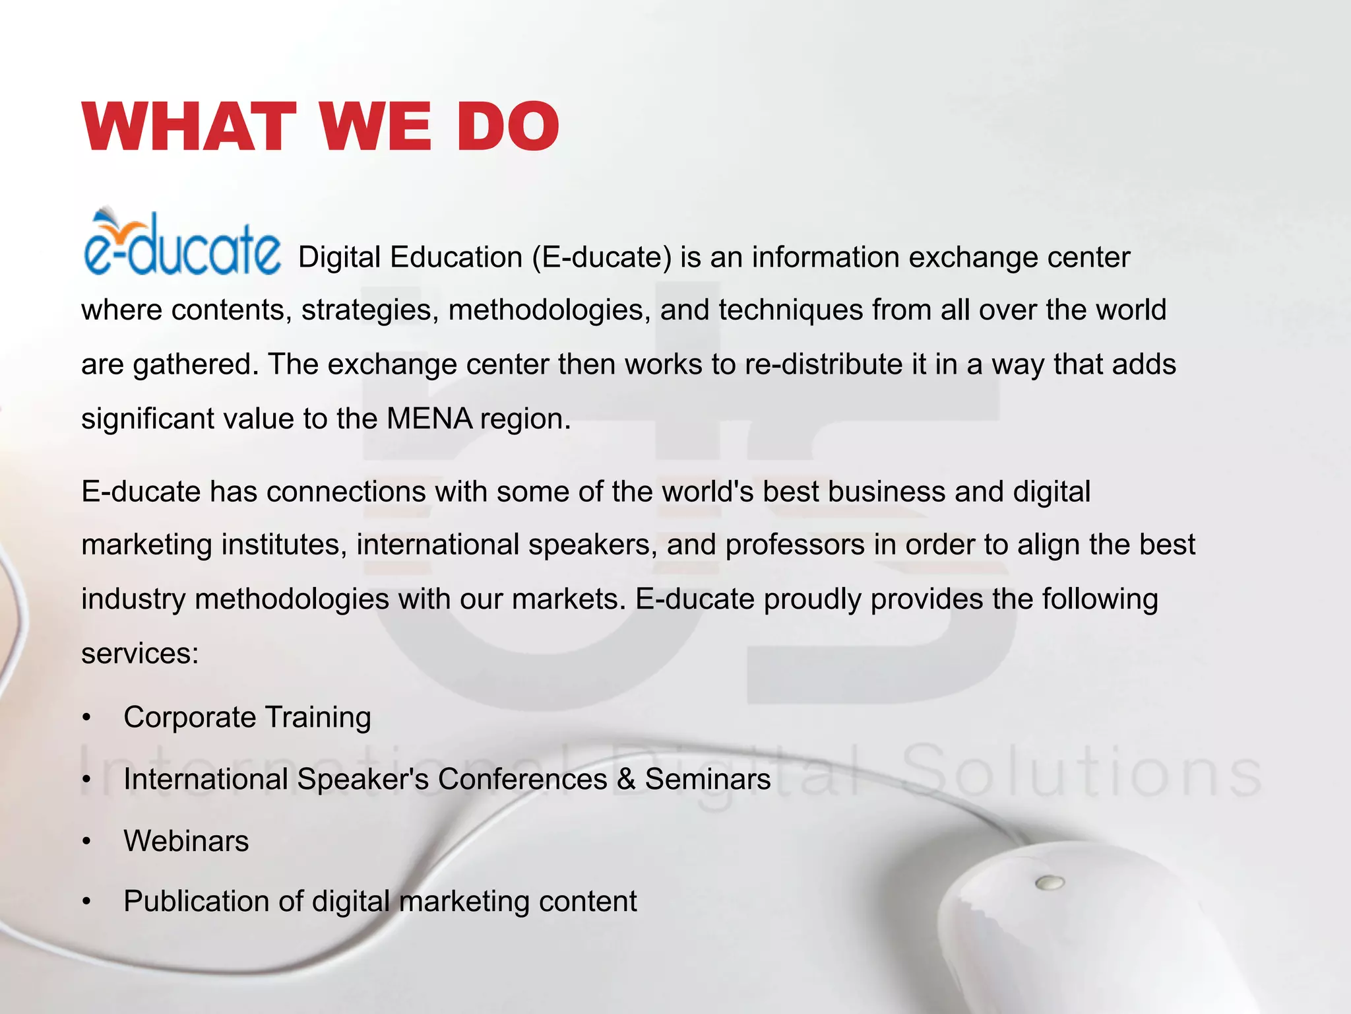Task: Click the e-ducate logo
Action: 182,243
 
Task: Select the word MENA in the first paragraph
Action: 429,419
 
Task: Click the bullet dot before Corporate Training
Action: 86,718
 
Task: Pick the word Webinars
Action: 186,841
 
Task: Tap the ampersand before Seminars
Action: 626,779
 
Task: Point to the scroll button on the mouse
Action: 1050,882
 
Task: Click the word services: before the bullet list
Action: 140,654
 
